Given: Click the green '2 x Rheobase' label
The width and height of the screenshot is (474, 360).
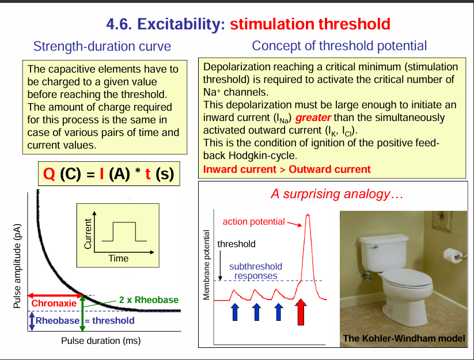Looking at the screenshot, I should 149,300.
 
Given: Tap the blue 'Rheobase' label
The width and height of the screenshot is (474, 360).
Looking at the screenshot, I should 57,321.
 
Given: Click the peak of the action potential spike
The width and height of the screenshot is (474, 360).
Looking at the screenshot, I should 308,215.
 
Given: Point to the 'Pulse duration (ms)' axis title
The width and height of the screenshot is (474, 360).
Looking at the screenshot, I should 101,340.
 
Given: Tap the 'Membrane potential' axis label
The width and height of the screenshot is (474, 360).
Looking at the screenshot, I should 207,265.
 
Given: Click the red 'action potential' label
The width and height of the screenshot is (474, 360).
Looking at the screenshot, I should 253,221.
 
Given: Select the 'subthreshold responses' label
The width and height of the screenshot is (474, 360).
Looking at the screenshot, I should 256,271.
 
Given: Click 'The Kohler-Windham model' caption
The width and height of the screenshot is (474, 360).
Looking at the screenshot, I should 404,338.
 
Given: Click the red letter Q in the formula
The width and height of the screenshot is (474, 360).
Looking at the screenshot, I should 49,173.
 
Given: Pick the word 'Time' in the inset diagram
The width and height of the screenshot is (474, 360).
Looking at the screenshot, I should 118,258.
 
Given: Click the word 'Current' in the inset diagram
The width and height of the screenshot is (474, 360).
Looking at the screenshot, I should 88,233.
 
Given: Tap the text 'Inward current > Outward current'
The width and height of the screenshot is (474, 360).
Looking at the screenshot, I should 287,169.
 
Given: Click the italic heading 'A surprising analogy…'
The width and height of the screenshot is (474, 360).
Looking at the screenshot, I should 336,194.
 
